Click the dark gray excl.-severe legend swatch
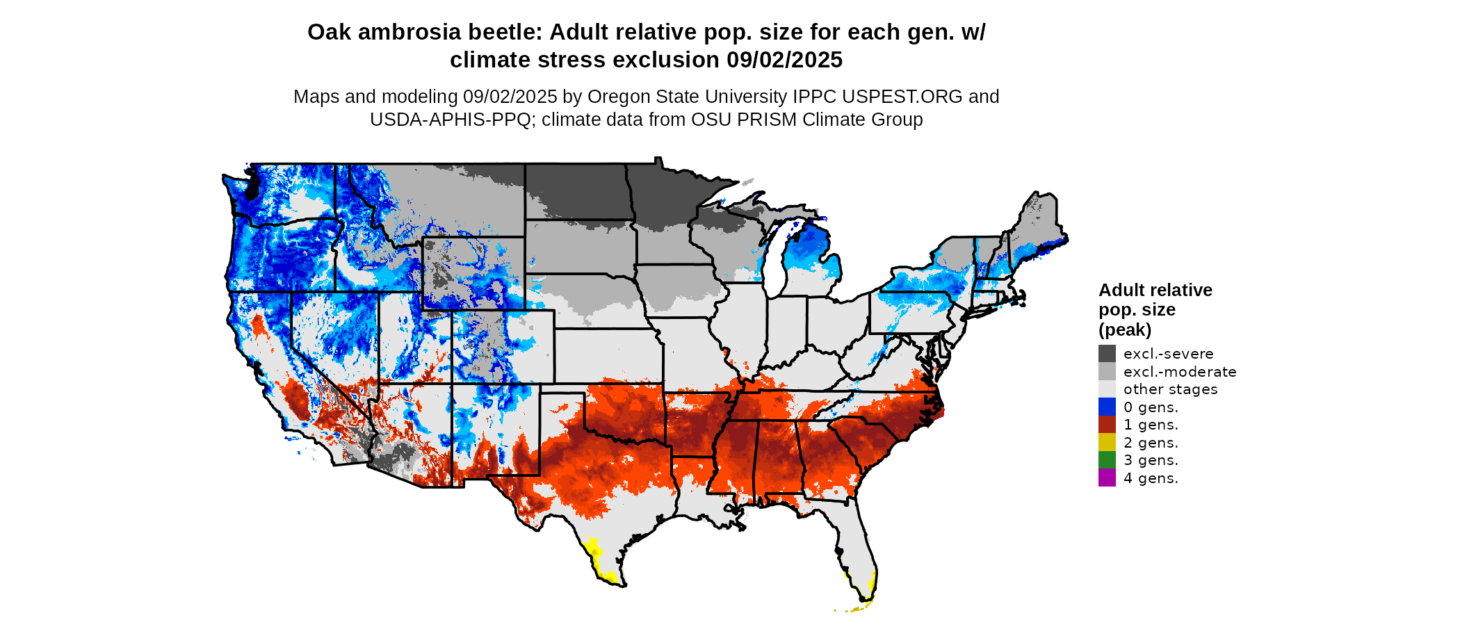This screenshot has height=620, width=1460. tap(1107, 354)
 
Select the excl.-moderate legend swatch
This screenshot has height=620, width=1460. tap(1107, 371)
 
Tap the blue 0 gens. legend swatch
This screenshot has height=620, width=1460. tap(1107, 407)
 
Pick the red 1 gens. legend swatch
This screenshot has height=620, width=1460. tap(1107, 425)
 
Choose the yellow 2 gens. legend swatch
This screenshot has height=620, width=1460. tap(1107, 442)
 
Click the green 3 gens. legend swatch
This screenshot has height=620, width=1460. tap(1107, 460)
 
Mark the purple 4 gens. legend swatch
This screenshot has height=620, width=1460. tap(1107, 478)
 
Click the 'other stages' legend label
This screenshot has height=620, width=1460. tap(1170, 389)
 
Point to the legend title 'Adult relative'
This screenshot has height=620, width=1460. tap(1155, 290)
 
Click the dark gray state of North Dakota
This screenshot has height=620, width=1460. tap(577, 191)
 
